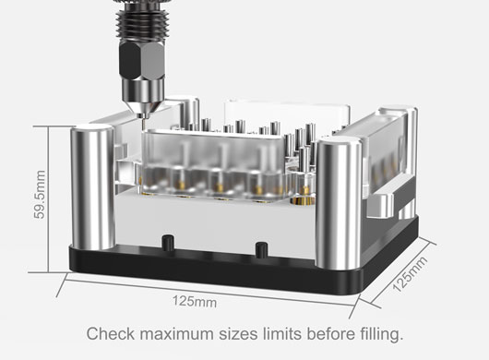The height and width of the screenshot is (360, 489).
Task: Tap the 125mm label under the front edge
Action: [x=195, y=301]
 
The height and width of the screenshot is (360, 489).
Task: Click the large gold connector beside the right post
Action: [x=302, y=196]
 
